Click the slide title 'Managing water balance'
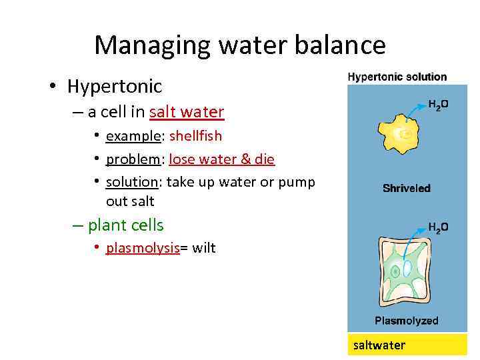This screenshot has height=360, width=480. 239,45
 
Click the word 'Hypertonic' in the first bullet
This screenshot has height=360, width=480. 114,86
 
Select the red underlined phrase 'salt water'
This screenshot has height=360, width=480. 187,112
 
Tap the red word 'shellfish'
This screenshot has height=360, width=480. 195,136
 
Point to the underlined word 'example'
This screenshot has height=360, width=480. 133,136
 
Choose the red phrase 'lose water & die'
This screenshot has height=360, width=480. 221,159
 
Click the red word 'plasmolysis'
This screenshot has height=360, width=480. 143,249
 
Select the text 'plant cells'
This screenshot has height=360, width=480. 125,225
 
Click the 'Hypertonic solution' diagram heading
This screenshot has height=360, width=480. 397,77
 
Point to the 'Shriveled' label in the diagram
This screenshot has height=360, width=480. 407,188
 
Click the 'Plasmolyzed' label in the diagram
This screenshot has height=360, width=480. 407,321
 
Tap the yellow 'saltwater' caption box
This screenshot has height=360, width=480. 407,345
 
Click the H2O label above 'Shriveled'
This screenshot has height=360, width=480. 438,105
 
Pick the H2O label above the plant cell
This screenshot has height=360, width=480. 438,228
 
